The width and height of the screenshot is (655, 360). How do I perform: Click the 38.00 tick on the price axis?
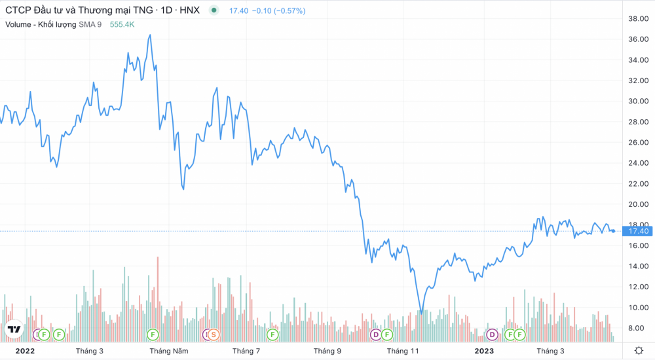[638, 18]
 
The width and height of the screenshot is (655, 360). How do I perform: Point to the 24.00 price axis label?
[638, 163]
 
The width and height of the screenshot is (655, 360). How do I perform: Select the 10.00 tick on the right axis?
[638, 308]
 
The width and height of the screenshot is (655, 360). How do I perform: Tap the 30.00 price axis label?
[638, 101]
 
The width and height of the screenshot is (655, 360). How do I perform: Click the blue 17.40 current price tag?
[637, 231]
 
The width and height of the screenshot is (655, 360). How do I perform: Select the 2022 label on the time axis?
[25, 351]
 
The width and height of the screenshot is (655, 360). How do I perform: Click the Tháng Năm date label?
[169, 351]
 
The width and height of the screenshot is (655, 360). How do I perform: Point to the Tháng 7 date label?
[246, 351]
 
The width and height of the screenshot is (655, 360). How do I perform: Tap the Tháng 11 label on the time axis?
[403, 351]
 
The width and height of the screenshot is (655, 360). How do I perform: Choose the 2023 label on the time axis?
[484, 351]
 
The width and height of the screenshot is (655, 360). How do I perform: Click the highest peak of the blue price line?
[150, 35]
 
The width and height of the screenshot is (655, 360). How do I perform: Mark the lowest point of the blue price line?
[421, 314]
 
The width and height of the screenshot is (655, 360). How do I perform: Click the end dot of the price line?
[613, 231]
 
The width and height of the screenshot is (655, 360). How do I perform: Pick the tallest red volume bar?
[158, 299]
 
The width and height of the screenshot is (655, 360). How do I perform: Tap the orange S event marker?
[214, 334]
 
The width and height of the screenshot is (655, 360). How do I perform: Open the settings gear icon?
[639, 350]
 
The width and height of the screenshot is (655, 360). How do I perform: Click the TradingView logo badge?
[14, 329]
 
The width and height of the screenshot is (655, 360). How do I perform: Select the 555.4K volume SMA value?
[122, 25]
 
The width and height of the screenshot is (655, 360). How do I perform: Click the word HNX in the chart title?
[190, 10]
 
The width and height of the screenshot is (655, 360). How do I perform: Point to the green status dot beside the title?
[214, 10]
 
